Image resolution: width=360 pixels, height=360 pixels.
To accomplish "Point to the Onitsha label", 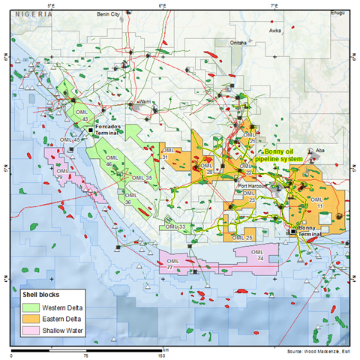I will pyautogui.click(x=239, y=43).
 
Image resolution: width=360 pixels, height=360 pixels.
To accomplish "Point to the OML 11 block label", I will pyautogui.click(x=319, y=202).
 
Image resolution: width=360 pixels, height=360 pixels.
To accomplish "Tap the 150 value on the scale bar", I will pyautogui.click(x=160, y=355).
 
